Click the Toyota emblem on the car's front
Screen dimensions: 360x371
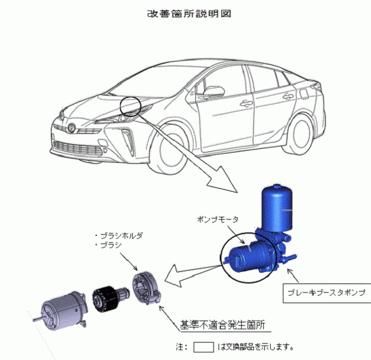71,128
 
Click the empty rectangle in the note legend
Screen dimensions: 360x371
204,348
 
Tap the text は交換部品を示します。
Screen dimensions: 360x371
255,348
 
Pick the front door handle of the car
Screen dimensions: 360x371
246,104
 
